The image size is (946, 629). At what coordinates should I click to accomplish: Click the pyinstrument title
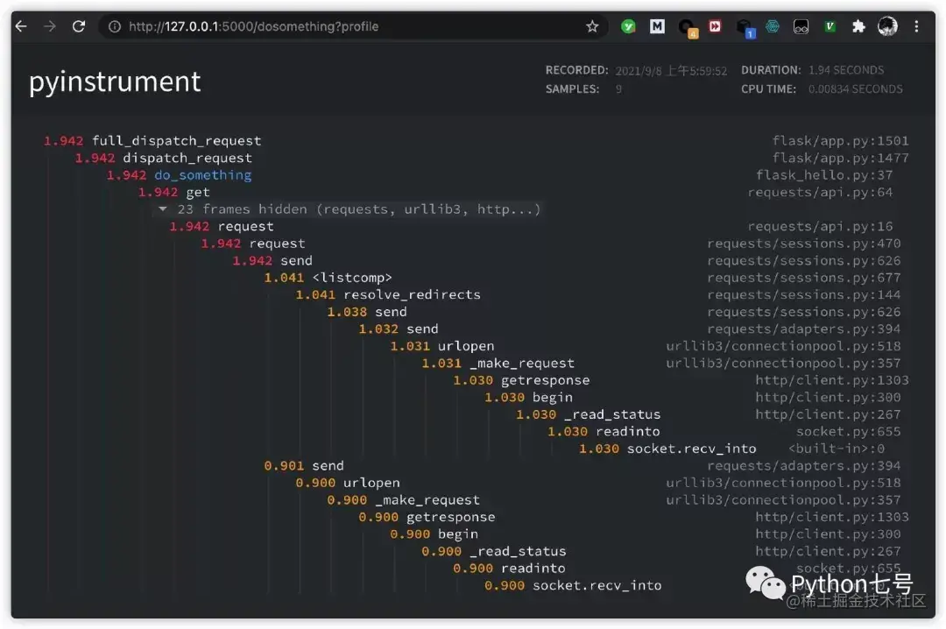click(115, 81)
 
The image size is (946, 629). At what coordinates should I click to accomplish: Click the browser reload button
click(79, 27)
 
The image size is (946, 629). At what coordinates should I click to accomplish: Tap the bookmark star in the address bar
click(592, 27)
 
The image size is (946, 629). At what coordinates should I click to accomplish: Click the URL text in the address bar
click(253, 27)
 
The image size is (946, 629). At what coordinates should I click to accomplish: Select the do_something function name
click(202, 175)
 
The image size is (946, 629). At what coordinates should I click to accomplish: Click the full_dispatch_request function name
click(176, 141)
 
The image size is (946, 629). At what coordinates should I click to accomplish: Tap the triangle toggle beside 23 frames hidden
click(162, 209)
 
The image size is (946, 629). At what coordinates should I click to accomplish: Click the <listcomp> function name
click(352, 278)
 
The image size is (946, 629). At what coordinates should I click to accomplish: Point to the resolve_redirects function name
click(412, 295)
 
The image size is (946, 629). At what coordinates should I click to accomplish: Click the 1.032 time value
click(378, 329)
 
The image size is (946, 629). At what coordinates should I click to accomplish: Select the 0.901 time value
click(284, 466)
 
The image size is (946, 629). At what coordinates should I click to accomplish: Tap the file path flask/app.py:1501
click(840, 141)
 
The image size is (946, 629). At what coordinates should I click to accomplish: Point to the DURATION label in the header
click(771, 70)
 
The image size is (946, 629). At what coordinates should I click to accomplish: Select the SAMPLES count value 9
click(618, 88)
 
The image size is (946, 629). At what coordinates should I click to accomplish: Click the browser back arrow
click(21, 27)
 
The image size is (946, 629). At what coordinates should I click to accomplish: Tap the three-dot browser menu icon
click(917, 27)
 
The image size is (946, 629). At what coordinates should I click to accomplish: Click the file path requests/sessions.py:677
click(803, 278)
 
